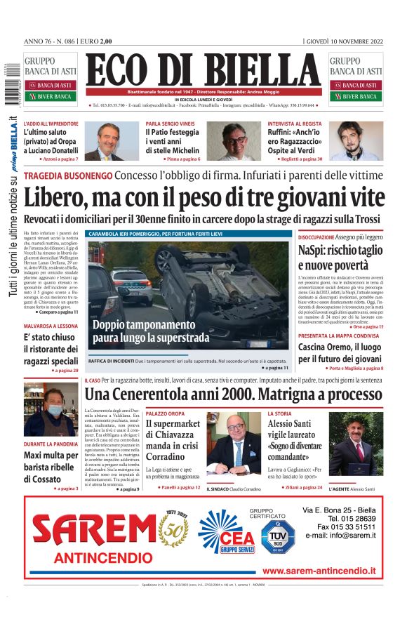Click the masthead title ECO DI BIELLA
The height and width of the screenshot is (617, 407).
point(203,70)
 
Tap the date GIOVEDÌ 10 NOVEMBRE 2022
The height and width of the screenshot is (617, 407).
point(345,41)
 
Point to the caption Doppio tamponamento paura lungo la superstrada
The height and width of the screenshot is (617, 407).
point(151,331)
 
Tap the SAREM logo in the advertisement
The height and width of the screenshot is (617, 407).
point(95,531)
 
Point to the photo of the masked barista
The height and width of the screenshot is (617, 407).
point(51,410)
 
